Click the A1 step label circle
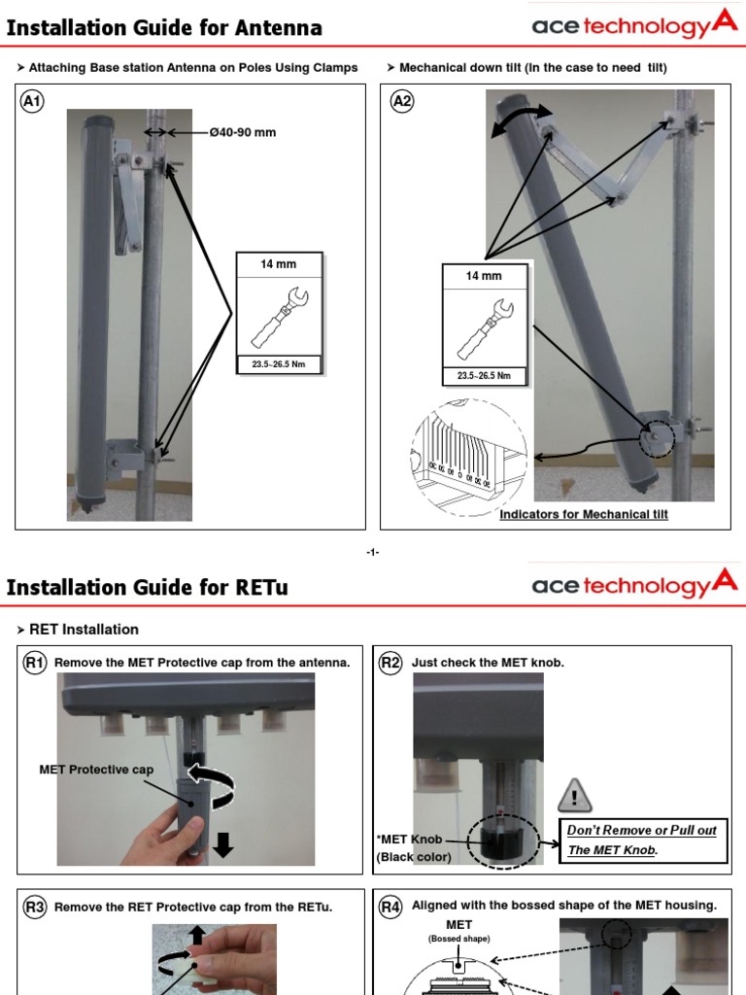coord(32,101)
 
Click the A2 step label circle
coord(401,101)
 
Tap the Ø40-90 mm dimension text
coord(242,132)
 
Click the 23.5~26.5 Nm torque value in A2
coord(484,375)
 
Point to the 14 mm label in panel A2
coord(484,276)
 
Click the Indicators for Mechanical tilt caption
coord(583,514)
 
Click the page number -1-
coord(372,552)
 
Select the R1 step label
coord(35,663)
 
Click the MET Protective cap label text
coord(96,770)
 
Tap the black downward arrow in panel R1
coord(223,845)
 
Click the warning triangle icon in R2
coord(574,797)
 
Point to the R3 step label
coord(35,907)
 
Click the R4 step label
coord(390,907)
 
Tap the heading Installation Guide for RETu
coord(147,587)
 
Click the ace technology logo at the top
coord(633,25)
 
